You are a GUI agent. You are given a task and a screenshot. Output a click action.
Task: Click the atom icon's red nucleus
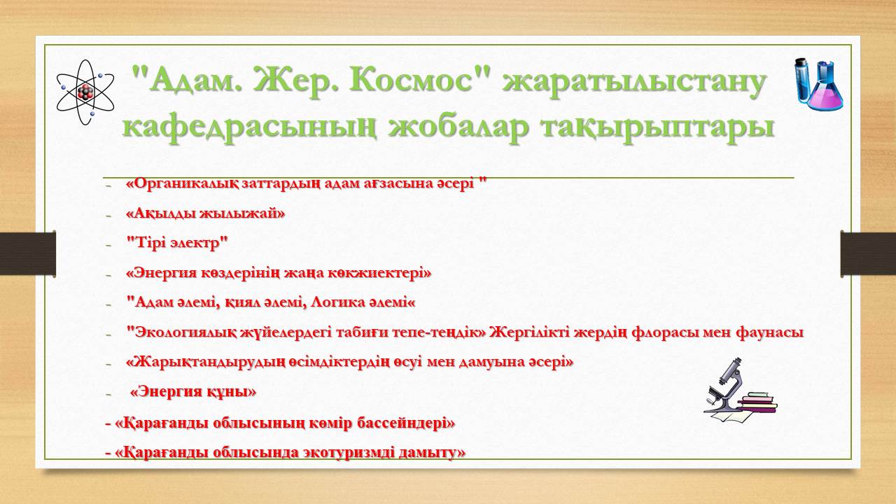(x=85, y=92)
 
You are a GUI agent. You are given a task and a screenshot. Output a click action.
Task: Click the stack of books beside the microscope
(x=758, y=405)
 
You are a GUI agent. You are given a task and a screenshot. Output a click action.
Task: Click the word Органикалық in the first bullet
(x=183, y=184)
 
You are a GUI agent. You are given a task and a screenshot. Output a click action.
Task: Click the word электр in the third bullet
(x=198, y=244)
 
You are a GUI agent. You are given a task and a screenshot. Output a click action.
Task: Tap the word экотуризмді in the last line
(x=342, y=453)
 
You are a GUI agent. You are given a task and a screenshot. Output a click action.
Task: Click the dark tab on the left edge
(x=27, y=254)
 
